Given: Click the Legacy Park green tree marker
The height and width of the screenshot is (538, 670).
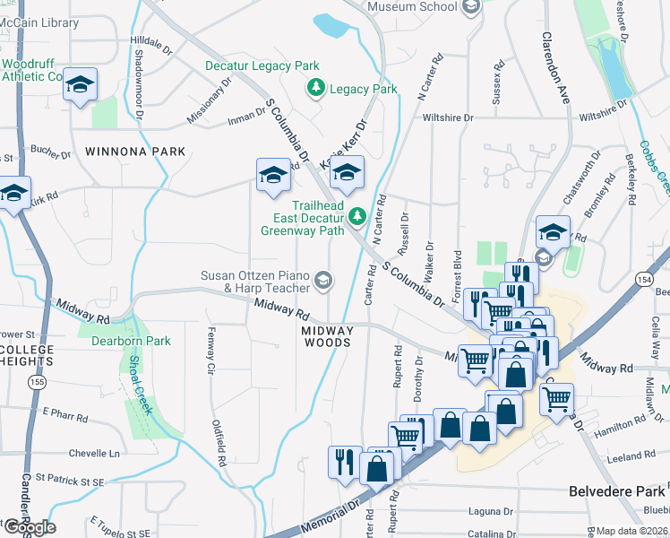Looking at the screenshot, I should pos(316,88).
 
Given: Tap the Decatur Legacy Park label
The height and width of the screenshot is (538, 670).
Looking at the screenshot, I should pos(262,66).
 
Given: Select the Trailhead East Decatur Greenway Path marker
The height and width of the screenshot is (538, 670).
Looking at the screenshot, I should pos(357,216).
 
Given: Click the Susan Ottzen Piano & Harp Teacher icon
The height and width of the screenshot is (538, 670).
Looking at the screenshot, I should pos(322,282).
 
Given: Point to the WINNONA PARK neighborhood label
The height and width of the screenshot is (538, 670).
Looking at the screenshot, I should pos(135,152).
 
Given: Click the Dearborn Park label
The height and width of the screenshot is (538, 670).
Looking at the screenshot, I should pos(133,341).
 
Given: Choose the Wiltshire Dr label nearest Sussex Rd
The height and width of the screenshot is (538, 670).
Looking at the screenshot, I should pos(447,117).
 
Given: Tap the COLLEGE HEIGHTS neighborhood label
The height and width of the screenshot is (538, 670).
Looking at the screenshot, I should pos(27,355).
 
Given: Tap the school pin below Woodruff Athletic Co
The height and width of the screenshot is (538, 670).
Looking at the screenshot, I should pos(81,85).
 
